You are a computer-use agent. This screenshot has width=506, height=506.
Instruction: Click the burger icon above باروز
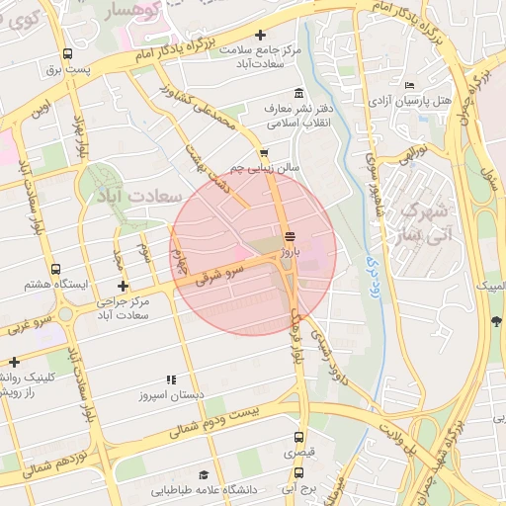coord(289,237)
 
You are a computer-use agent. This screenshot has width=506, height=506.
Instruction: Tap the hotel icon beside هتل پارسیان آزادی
coord(410,86)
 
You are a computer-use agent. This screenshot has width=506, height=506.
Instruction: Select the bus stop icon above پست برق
coord(67,54)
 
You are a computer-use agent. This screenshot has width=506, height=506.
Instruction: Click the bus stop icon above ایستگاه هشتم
coord(55,268)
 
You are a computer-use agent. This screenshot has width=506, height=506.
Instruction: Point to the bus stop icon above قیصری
coord(297,436)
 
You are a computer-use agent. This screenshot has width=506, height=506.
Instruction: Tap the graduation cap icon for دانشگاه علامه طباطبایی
coord(204,475)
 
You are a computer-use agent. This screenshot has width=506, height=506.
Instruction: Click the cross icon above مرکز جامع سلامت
coord(261,36)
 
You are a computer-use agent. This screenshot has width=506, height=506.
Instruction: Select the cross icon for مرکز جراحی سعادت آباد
coord(123,286)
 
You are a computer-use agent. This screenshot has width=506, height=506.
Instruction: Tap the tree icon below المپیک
coord(496,320)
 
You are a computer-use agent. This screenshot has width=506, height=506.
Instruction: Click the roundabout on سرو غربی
coord(65,314)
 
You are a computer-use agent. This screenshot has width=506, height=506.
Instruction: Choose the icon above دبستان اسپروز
coord(171,379)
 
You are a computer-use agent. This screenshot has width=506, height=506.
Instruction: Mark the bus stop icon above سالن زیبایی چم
coord(263,153)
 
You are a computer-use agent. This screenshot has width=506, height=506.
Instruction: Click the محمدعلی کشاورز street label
coord(214,117)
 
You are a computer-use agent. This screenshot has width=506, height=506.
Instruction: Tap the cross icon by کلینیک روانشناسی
coord(14,363)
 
